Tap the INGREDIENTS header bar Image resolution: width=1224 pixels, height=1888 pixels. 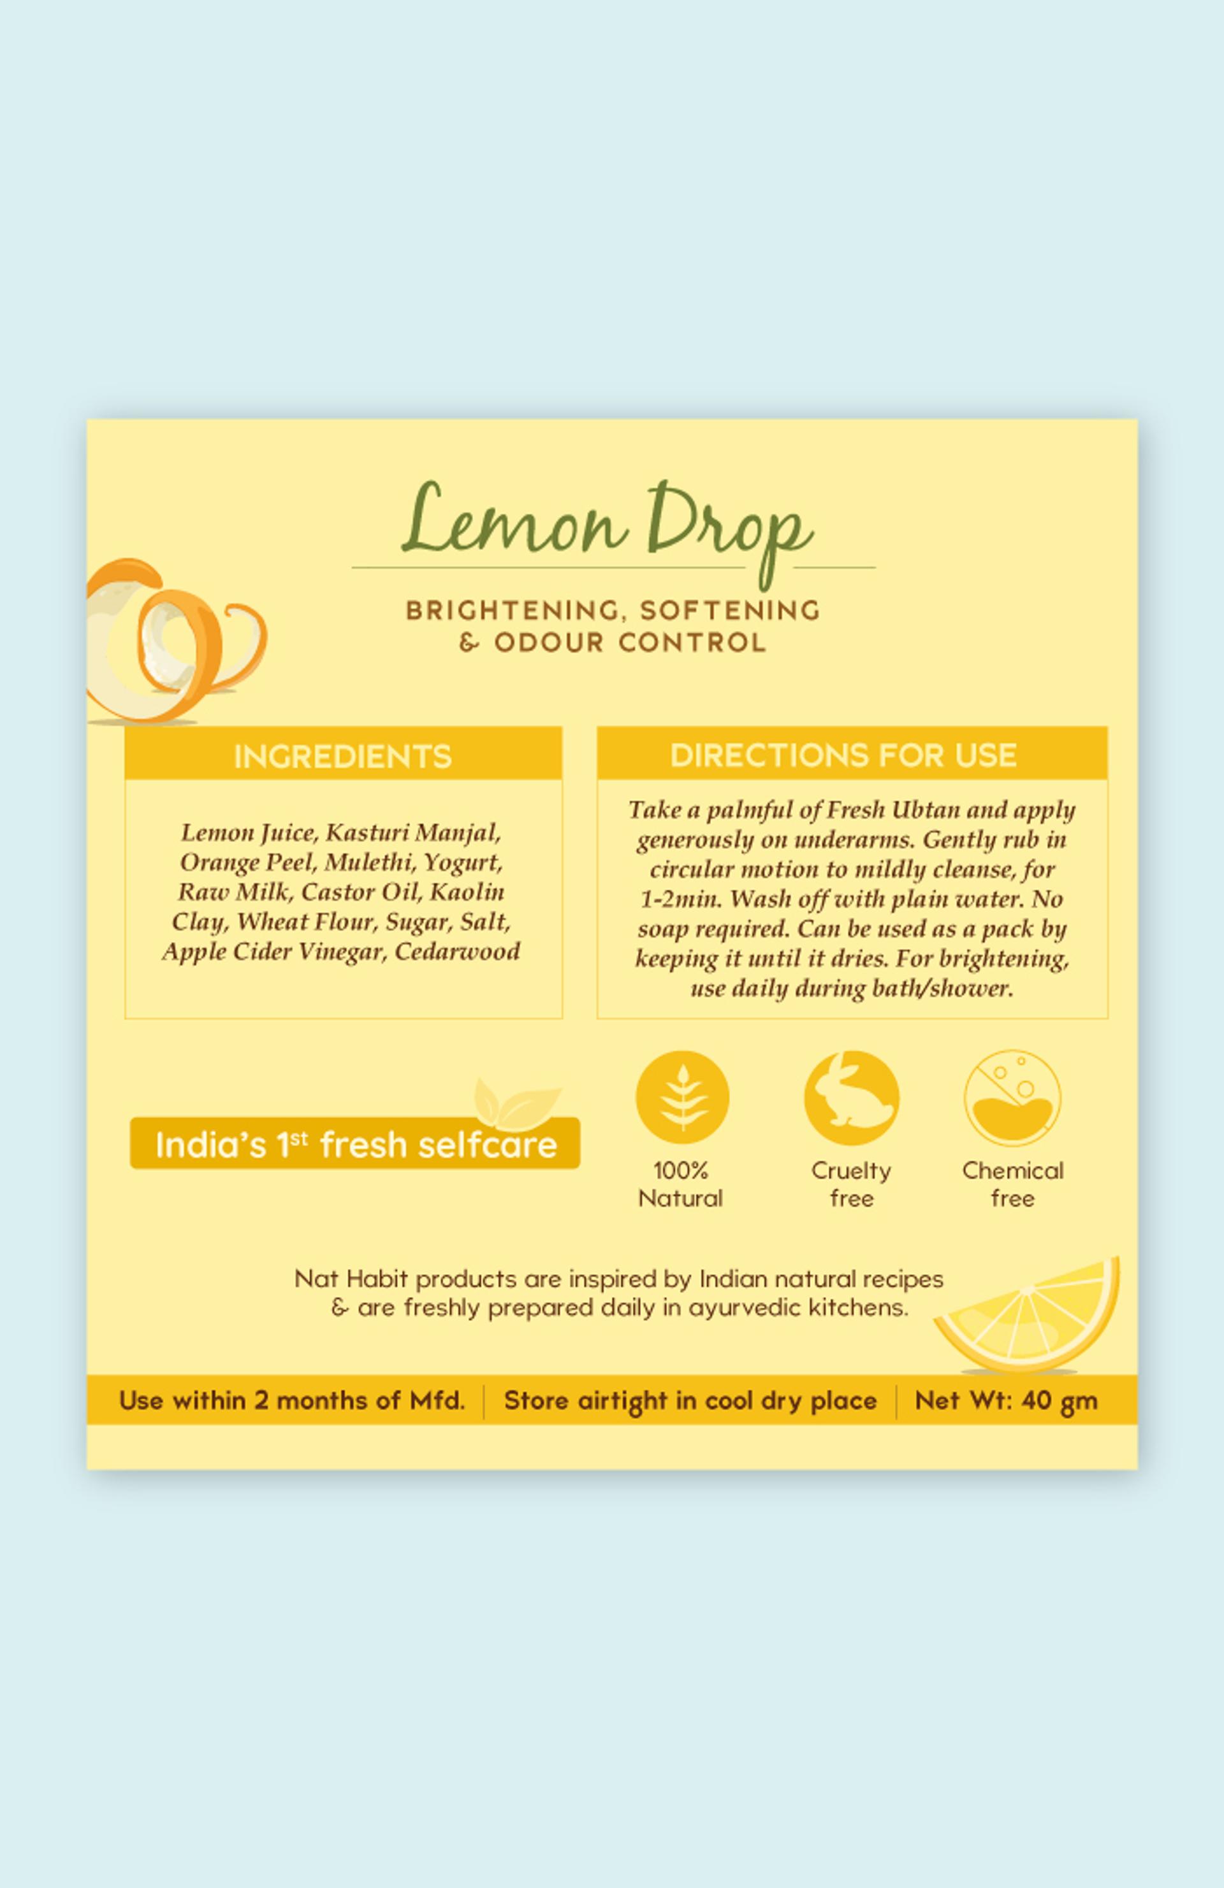coord(344,755)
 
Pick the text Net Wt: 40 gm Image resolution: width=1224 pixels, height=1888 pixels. coord(1006,1400)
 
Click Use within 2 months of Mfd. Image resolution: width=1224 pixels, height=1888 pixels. coord(292,1400)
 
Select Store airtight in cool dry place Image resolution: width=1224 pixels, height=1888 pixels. coord(690,1401)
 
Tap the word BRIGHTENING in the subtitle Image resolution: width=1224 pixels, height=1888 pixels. coord(513,611)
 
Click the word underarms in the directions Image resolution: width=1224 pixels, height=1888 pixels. coord(854,839)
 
